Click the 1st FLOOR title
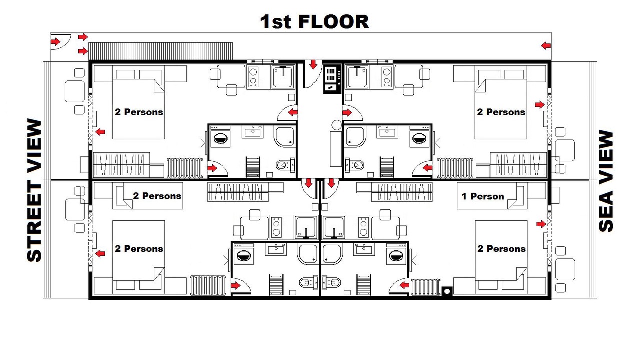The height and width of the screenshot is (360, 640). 314,22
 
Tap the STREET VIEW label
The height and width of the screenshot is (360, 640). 34,190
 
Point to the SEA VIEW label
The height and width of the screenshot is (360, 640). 606,181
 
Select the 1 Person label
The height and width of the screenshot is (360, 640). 483,196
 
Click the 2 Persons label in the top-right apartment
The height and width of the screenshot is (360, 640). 501,112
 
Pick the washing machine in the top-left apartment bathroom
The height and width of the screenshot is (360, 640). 220,137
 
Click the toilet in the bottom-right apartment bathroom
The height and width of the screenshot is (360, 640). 331,283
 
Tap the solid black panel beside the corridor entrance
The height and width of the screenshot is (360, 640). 332,79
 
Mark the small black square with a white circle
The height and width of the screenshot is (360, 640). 447,291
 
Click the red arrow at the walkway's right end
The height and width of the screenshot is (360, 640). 546,45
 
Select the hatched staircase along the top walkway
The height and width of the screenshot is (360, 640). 160,51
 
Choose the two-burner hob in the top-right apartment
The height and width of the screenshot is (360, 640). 386,76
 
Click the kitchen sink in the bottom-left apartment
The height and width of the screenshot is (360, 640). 306,227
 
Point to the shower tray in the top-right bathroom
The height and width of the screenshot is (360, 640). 355,137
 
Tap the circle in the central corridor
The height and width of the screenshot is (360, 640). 337,125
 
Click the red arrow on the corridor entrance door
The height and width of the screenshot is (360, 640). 313,64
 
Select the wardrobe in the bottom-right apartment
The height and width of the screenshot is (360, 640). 402,192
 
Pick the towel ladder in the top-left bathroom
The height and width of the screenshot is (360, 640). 253,167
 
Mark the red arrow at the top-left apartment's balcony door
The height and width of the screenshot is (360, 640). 100,132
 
